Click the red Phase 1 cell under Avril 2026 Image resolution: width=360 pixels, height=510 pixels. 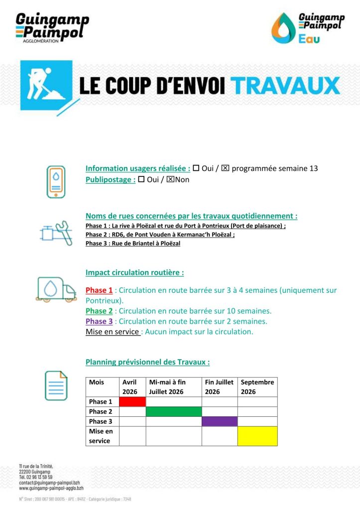pos(132,401)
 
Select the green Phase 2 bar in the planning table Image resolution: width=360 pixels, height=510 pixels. pos(173,411)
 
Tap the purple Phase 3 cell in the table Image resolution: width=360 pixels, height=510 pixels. pos(219,421)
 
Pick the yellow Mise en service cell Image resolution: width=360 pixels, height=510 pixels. pos(257,436)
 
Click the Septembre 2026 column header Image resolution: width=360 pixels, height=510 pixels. pos(257,387)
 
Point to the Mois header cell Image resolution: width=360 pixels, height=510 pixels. pos(97,382)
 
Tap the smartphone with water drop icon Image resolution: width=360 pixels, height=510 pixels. pos(56,182)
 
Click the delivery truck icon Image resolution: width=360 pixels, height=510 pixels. pos(56,289)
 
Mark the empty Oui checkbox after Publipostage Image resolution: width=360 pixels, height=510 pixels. pos(141,179)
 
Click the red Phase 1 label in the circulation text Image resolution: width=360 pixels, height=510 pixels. pos(99,290)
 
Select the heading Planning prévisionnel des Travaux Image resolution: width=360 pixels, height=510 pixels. pos(147,362)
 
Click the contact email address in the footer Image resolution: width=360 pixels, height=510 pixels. pos(49,483)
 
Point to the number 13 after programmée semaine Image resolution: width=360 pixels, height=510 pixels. pos(313,168)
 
